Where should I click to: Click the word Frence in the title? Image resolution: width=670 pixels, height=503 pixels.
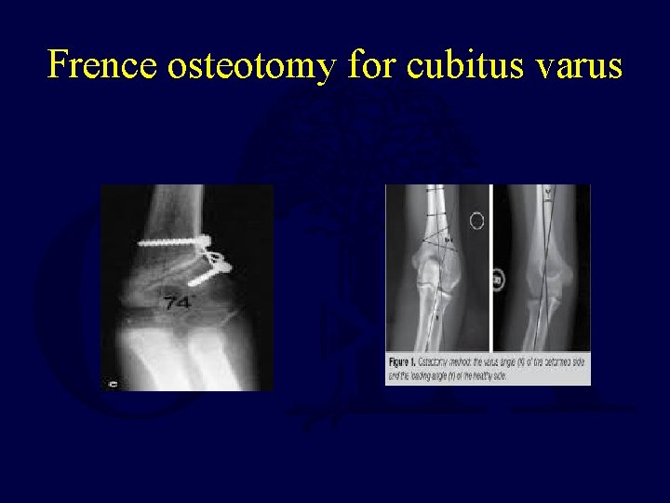click(x=103, y=65)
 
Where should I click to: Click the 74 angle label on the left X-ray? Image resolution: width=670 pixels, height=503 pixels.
click(x=177, y=302)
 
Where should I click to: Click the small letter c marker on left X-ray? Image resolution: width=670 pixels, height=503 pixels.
click(x=114, y=380)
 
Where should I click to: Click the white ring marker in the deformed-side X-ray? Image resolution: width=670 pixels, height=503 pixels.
click(x=477, y=222)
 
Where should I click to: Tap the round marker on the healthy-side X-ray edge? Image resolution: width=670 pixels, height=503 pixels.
click(x=498, y=278)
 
